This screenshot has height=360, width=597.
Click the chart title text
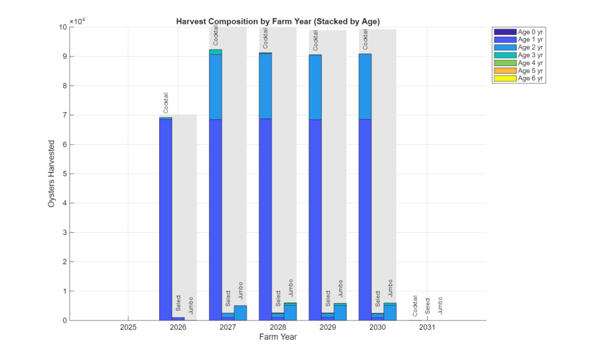(x=278, y=21)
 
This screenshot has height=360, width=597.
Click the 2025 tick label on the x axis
(x=128, y=328)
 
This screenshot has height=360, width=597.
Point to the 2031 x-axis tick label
(x=427, y=328)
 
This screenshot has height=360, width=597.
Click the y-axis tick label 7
(x=64, y=116)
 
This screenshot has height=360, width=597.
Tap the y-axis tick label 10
(x=62, y=27)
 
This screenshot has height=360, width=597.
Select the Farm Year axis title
(x=278, y=337)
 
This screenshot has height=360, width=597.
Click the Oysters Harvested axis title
(x=52, y=173)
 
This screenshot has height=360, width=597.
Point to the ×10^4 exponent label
(x=78, y=22)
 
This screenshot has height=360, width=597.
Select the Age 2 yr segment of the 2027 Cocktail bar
(x=216, y=86)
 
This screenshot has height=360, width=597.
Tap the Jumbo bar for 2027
(x=240, y=313)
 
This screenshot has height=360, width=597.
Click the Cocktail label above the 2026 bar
(x=166, y=103)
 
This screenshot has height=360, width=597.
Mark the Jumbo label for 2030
(x=390, y=289)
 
